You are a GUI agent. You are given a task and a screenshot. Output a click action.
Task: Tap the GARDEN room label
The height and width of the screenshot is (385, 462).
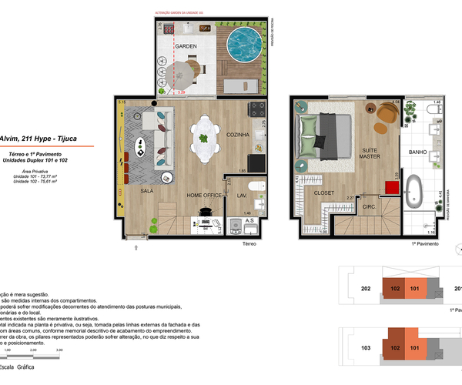[x=185, y=47]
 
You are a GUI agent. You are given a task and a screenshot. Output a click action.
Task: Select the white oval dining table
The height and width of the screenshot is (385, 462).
[x=204, y=139]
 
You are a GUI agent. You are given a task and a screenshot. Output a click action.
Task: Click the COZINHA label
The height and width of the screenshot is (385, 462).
[x=239, y=135]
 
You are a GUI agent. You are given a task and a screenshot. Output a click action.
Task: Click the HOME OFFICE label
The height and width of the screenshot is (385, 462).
[x=204, y=196]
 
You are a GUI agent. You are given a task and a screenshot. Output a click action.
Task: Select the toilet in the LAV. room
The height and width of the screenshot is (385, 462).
[x=259, y=187]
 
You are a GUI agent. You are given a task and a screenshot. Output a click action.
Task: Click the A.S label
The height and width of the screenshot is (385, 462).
[x=249, y=221]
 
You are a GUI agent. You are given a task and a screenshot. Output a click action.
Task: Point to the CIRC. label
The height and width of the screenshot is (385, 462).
[x=369, y=206]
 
